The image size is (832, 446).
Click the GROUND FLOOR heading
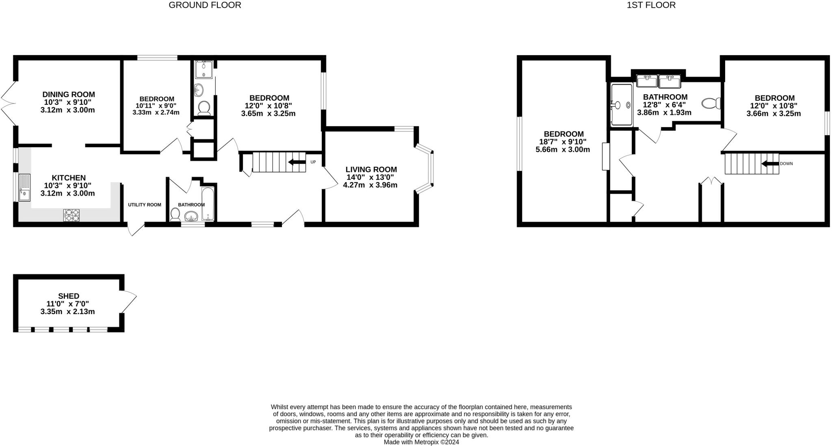[205, 5]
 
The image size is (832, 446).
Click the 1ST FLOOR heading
[651, 5]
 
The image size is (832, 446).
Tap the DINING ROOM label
[69, 95]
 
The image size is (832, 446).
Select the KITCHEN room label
[69, 178]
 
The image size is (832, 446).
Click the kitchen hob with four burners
[71, 215]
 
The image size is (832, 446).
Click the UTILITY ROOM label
[145, 205]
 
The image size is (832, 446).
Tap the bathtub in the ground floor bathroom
[207, 204]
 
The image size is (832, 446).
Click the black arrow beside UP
[297, 162]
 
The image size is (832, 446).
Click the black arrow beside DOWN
[770, 164]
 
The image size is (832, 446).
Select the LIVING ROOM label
[371, 170]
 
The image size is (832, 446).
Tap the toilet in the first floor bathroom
[711, 103]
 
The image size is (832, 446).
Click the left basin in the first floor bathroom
[647, 81]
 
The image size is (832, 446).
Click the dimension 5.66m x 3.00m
[563, 150]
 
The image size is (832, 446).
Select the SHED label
[69, 296]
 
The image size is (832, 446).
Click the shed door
[129, 301]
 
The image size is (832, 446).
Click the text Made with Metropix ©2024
[421, 442]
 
